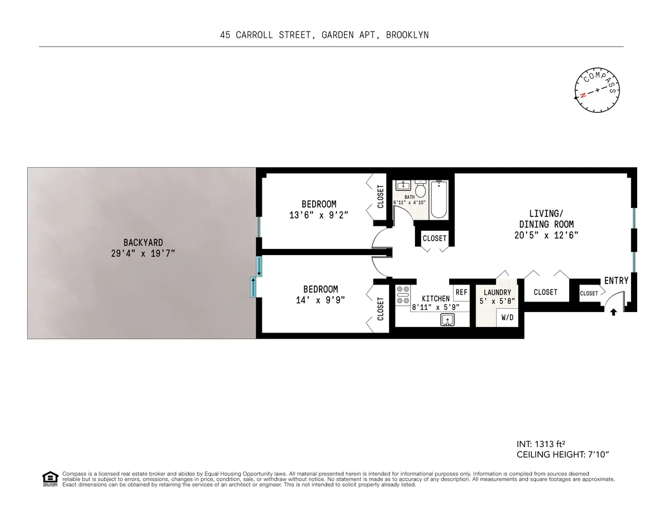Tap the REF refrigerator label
[x=461, y=292]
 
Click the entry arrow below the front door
[x=613, y=312]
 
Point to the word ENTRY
[x=616, y=281]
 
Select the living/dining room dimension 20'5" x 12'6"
[x=546, y=235]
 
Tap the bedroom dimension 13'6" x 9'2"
[x=319, y=214]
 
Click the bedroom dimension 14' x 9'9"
[x=320, y=299]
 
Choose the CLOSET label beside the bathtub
[x=434, y=239]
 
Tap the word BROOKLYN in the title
[x=408, y=35]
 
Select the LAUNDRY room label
[x=497, y=292]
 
